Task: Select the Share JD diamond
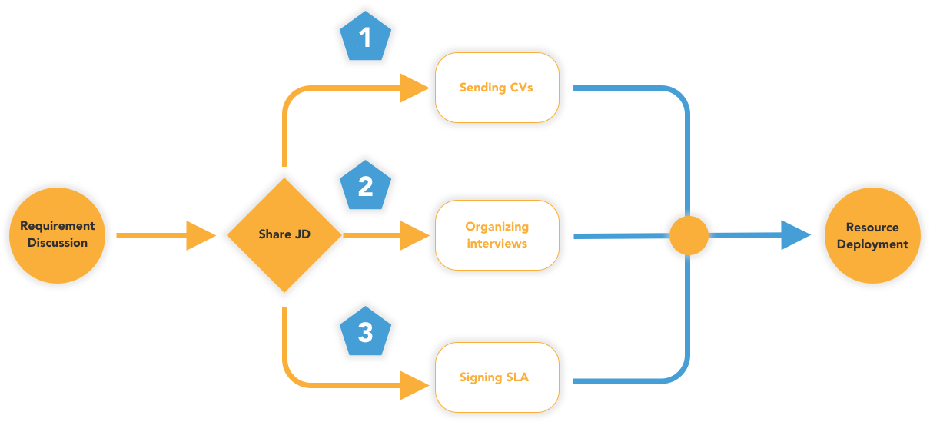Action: click(x=284, y=234)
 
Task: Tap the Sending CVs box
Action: click(x=497, y=88)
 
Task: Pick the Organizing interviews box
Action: click(x=497, y=234)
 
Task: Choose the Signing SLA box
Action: click(x=497, y=377)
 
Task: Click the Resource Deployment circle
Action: click(x=872, y=235)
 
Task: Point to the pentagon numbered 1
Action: click(x=366, y=38)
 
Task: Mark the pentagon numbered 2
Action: click(x=366, y=186)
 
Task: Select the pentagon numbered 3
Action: click(x=366, y=332)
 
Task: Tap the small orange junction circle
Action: click(x=689, y=235)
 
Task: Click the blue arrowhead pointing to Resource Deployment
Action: click(x=796, y=235)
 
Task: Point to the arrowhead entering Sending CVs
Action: click(x=414, y=88)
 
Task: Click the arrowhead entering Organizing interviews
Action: click(x=414, y=235)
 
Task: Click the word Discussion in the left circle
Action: click(x=58, y=243)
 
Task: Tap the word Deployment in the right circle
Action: click(x=872, y=244)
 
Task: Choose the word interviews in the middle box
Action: click(x=497, y=244)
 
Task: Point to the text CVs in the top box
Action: click(x=521, y=88)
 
